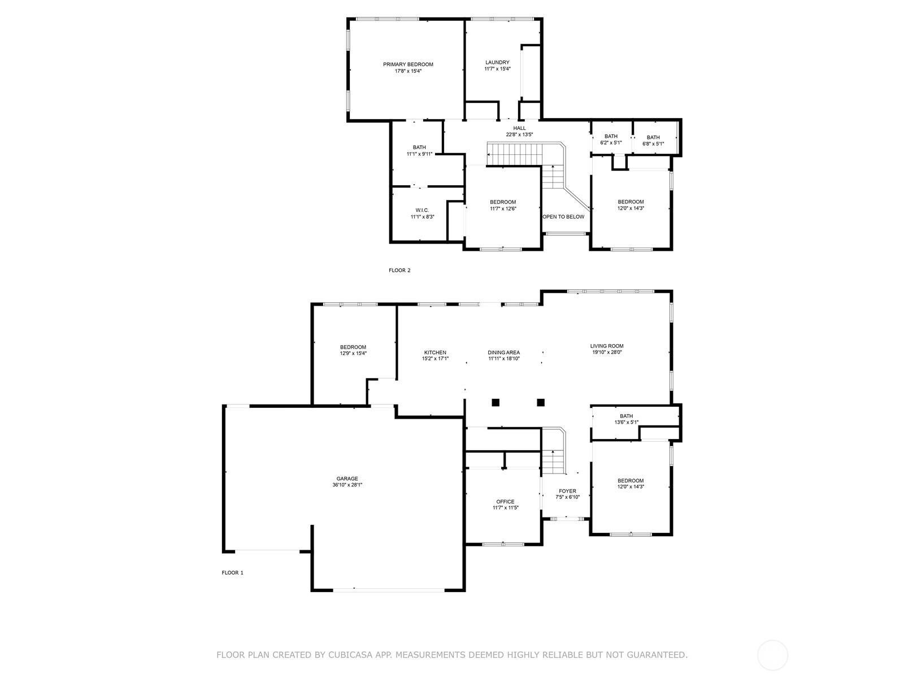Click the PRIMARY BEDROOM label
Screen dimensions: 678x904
pos(408,64)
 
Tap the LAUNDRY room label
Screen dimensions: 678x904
pos(497,63)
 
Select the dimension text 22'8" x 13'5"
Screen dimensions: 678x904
pos(519,134)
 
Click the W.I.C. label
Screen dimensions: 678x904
pos(422,210)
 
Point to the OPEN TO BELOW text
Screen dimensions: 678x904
pos(563,216)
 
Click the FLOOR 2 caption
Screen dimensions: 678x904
pos(399,270)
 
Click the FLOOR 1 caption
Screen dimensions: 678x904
pos(232,572)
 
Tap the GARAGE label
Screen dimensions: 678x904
pos(347,479)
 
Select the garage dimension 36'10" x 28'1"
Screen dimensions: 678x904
pos(347,485)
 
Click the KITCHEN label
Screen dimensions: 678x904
pos(435,353)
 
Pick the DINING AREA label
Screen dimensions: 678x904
pos(503,353)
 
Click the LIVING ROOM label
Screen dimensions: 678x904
pos(607,346)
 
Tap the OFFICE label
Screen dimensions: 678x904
pos(505,502)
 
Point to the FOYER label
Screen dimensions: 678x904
pos(567,491)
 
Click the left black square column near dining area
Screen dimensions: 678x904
pos(496,402)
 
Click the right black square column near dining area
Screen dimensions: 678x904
pos(541,402)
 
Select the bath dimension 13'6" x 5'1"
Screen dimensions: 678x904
pos(626,422)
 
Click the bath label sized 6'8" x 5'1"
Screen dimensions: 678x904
pos(653,137)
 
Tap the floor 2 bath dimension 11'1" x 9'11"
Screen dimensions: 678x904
pos(419,154)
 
